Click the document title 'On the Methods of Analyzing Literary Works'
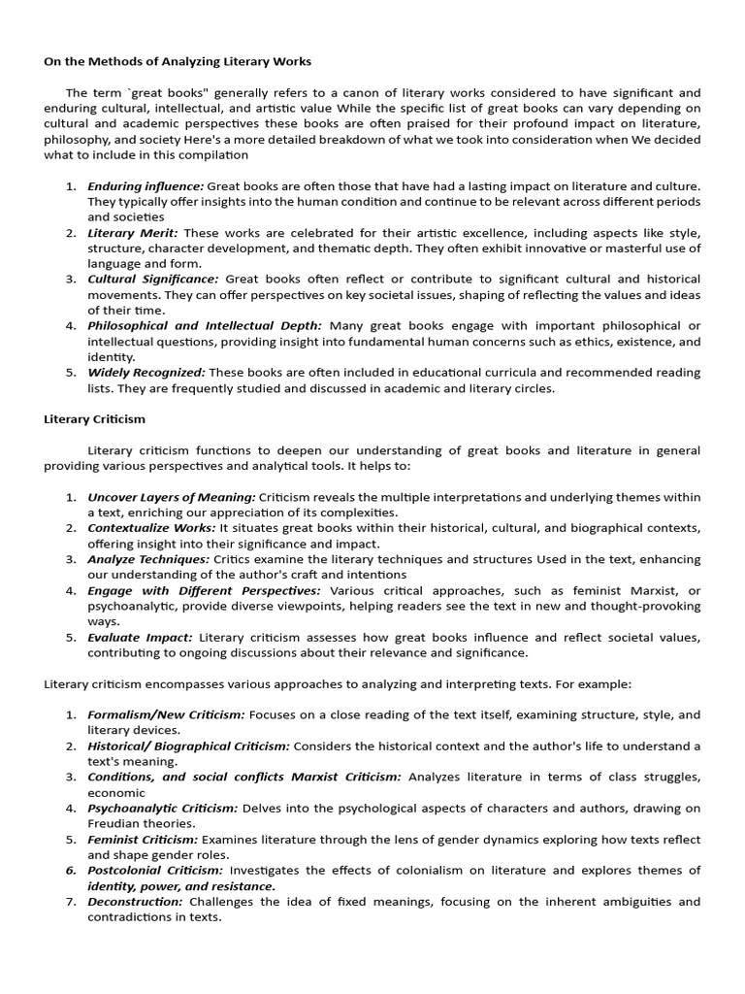tap(178, 61)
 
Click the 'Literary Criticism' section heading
tap(95, 419)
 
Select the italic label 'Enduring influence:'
tap(146, 185)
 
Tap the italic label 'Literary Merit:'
tap(133, 233)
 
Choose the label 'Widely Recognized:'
tap(146, 373)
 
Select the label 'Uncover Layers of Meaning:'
tap(172, 497)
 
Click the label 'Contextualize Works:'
tap(151, 528)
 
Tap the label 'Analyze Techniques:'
tap(148, 559)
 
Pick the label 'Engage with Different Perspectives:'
tap(204, 590)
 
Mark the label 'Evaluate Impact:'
tap(140, 637)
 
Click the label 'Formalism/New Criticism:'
tap(166, 714)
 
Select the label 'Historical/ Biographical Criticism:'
tap(188, 745)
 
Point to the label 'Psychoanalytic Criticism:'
tap(162, 808)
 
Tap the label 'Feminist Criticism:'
tap(143, 839)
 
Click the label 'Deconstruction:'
tap(135, 901)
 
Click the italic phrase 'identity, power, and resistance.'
tap(181, 885)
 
